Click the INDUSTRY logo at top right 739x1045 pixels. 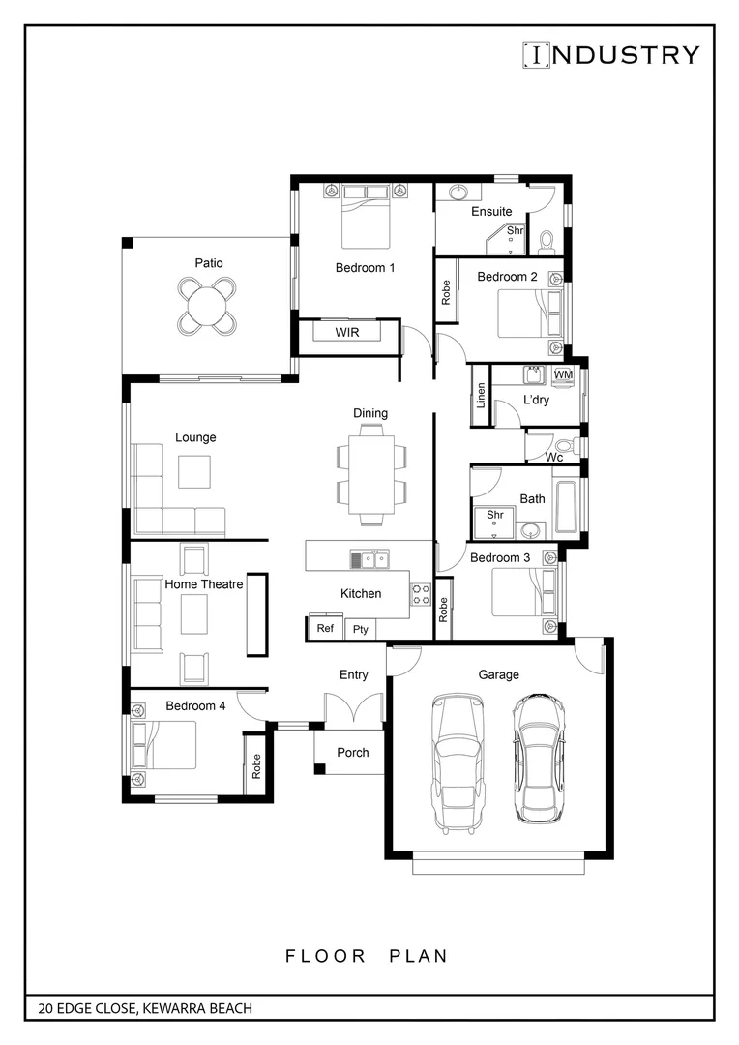coord(610,55)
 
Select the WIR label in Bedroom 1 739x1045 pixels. coord(348,332)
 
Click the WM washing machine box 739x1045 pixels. coord(563,374)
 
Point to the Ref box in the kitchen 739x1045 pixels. coord(326,628)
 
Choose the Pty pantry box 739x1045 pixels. coord(361,629)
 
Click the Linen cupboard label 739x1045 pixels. coord(481,396)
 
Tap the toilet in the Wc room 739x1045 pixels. coord(572,446)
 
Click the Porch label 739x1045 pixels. coord(352,752)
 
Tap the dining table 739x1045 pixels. coord(370,473)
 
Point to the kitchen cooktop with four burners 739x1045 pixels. coord(421,594)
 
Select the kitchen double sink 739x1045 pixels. coord(369,559)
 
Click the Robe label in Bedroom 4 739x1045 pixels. coord(256,767)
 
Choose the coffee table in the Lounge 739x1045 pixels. coord(193,471)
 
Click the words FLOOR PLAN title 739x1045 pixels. coord(368,956)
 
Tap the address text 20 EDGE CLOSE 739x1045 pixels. coord(145,1008)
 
